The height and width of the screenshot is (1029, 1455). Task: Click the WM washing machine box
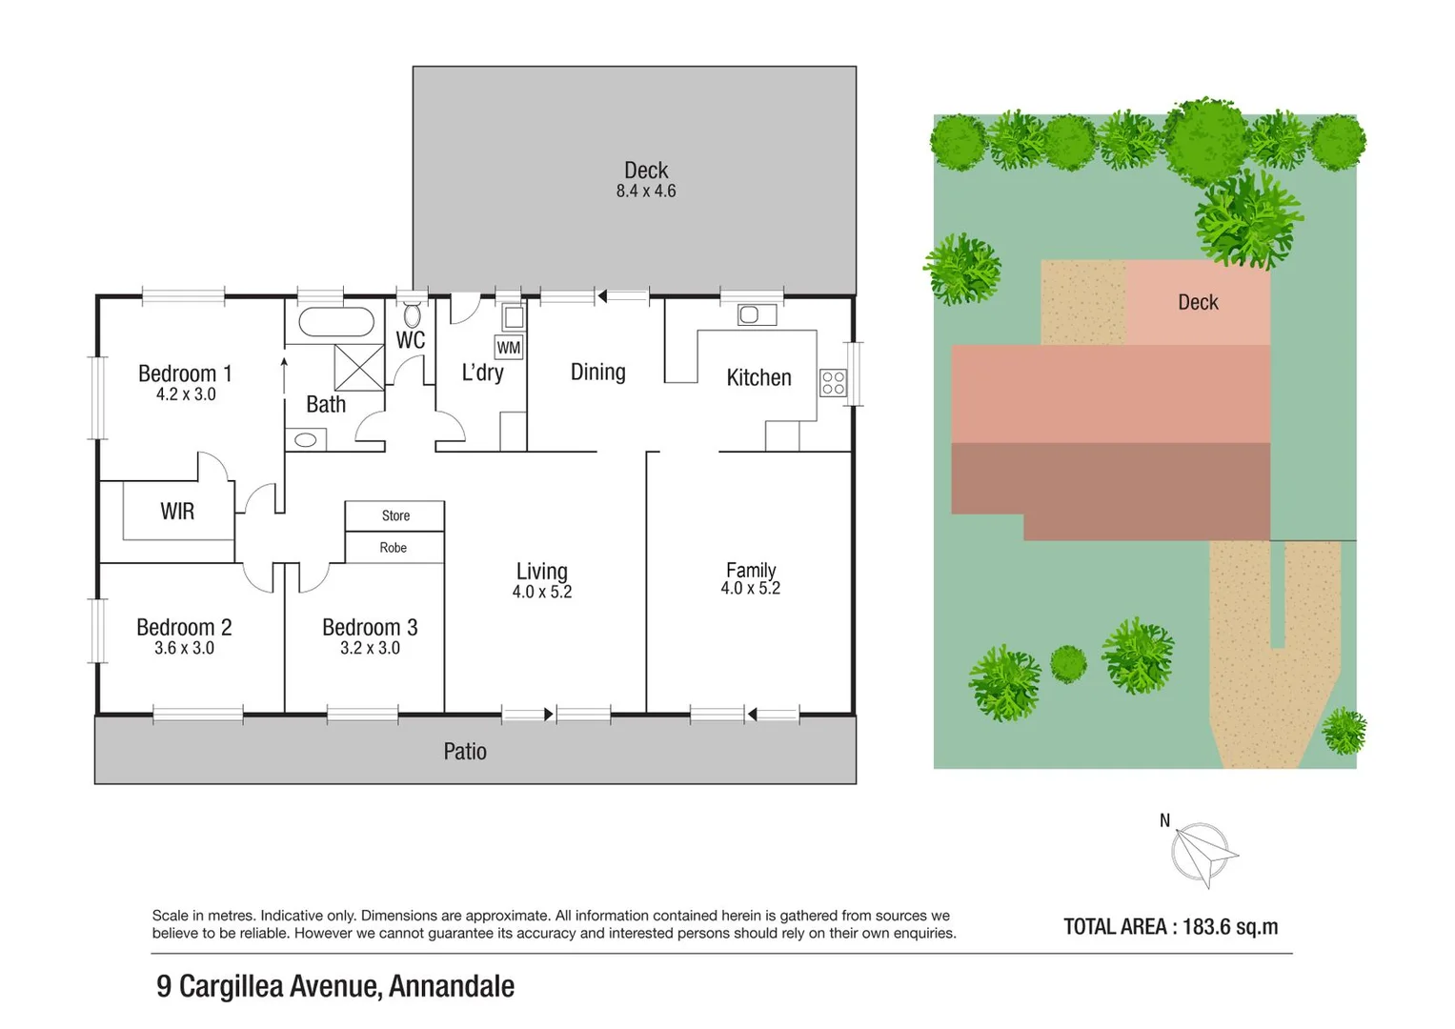pos(509,348)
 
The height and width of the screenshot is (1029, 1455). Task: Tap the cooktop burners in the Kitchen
pos(833,383)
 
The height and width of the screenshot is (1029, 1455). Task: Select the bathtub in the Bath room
pos(336,322)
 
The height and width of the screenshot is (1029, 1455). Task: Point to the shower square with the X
pos(359,368)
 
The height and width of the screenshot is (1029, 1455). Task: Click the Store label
pos(395,515)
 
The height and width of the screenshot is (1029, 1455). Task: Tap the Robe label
pos(394,548)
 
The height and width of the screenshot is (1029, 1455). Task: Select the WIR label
pos(177,512)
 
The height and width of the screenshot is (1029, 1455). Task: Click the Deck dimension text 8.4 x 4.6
pos(646,192)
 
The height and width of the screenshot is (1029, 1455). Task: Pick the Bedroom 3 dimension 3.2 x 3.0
pos(370,648)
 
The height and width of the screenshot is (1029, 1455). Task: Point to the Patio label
pos(465,752)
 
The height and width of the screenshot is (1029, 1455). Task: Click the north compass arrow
pos(1203,853)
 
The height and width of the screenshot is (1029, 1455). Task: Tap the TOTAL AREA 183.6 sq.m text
pos(1170,926)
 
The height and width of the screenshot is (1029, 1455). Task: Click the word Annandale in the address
pos(452,986)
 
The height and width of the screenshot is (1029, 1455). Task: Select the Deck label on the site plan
pos(1198,302)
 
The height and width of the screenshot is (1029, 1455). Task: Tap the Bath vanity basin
pos(306,440)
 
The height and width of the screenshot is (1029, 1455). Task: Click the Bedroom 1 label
pos(185,373)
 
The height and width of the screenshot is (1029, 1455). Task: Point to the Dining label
pos(597,373)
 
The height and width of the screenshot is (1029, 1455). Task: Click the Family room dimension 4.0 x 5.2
pos(751,589)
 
